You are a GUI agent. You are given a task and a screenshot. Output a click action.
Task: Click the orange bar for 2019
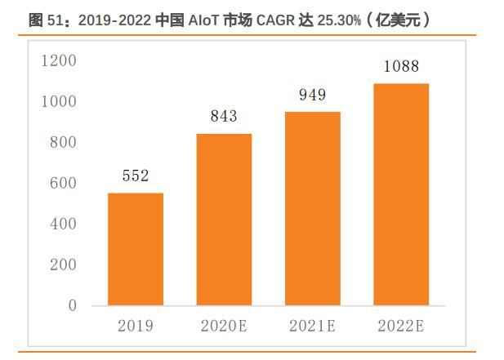coord(136,249)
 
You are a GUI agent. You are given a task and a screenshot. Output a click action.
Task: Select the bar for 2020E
coord(224,220)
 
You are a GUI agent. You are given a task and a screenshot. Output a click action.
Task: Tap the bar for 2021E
coord(312,208)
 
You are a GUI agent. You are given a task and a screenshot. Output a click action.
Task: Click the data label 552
coord(136,176)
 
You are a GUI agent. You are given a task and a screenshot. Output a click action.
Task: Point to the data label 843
coord(224,116)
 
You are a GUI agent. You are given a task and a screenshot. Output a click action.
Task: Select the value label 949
coord(312,95)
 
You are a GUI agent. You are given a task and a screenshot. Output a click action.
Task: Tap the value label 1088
coord(400,66)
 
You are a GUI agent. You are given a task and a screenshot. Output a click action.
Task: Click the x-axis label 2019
coord(136,327)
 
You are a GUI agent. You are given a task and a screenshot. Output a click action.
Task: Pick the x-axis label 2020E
coord(224,327)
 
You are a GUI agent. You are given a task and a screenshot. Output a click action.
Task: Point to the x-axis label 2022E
coord(400,327)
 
